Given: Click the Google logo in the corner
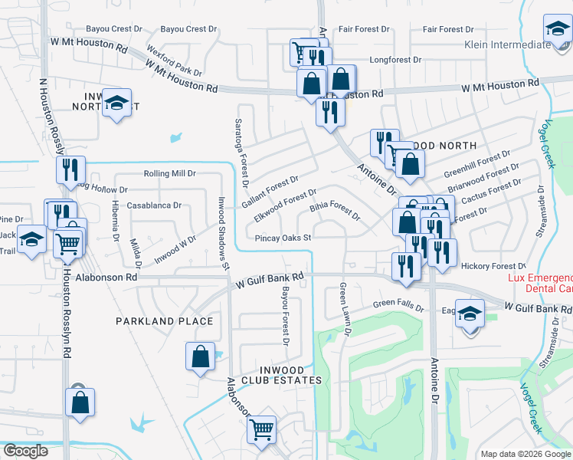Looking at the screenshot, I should (25, 451).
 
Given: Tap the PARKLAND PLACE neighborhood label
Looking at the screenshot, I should (164, 320).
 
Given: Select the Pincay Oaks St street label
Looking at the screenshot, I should (283, 238).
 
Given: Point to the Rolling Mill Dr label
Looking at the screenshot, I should (170, 174).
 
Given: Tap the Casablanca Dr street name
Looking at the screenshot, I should (154, 205).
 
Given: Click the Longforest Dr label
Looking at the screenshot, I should (395, 59).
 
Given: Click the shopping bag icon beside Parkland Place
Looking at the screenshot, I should (200, 356).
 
